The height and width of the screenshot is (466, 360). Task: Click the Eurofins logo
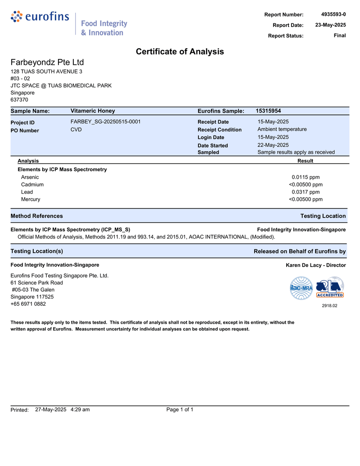(x=40, y=17)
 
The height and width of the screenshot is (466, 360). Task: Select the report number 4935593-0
(x=333, y=15)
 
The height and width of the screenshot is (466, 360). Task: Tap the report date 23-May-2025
(x=330, y=25)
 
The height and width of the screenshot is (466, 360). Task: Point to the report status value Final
(x=340, y=36)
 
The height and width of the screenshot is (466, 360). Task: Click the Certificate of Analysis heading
(x=180, y=52)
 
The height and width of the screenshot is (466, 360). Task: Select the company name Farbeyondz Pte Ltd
(x=47, y=62)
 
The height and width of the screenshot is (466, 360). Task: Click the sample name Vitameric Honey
(x=93, y=111)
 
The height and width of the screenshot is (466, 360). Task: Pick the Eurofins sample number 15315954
(x=268, y=111)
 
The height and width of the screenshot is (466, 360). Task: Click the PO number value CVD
(x=76, y=130)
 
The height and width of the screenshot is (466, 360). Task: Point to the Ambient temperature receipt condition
(x=282, y=129)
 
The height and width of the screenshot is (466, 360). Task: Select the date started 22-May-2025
(x=273, y=145)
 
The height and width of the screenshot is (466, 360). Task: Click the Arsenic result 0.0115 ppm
(x=306, y=177)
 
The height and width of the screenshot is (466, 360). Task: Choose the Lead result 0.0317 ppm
(x=306, y=192)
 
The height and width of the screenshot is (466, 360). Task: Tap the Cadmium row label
(x=32, y=185)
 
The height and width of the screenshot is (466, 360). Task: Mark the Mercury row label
(x=31, y=199)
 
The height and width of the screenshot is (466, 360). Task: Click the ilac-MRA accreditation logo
(x=301, y=288)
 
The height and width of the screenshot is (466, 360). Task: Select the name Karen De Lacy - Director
(x=316, y=265)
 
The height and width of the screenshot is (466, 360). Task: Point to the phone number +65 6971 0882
(x=28, y=304)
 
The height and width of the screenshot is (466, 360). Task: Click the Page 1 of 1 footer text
(x=180, y=409)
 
